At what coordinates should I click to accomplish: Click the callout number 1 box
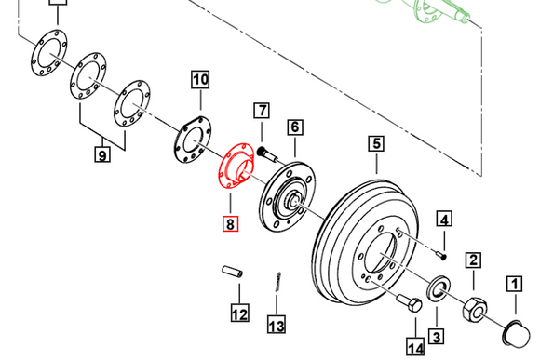513,283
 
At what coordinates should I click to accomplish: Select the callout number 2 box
473,260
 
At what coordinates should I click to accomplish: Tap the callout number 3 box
436,335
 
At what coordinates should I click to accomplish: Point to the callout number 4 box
444,220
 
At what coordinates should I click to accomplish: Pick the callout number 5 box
376,144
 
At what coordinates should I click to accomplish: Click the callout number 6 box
294,127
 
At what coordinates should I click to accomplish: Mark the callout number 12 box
240,313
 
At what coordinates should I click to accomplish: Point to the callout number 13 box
277,325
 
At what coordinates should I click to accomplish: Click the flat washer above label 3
437,290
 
